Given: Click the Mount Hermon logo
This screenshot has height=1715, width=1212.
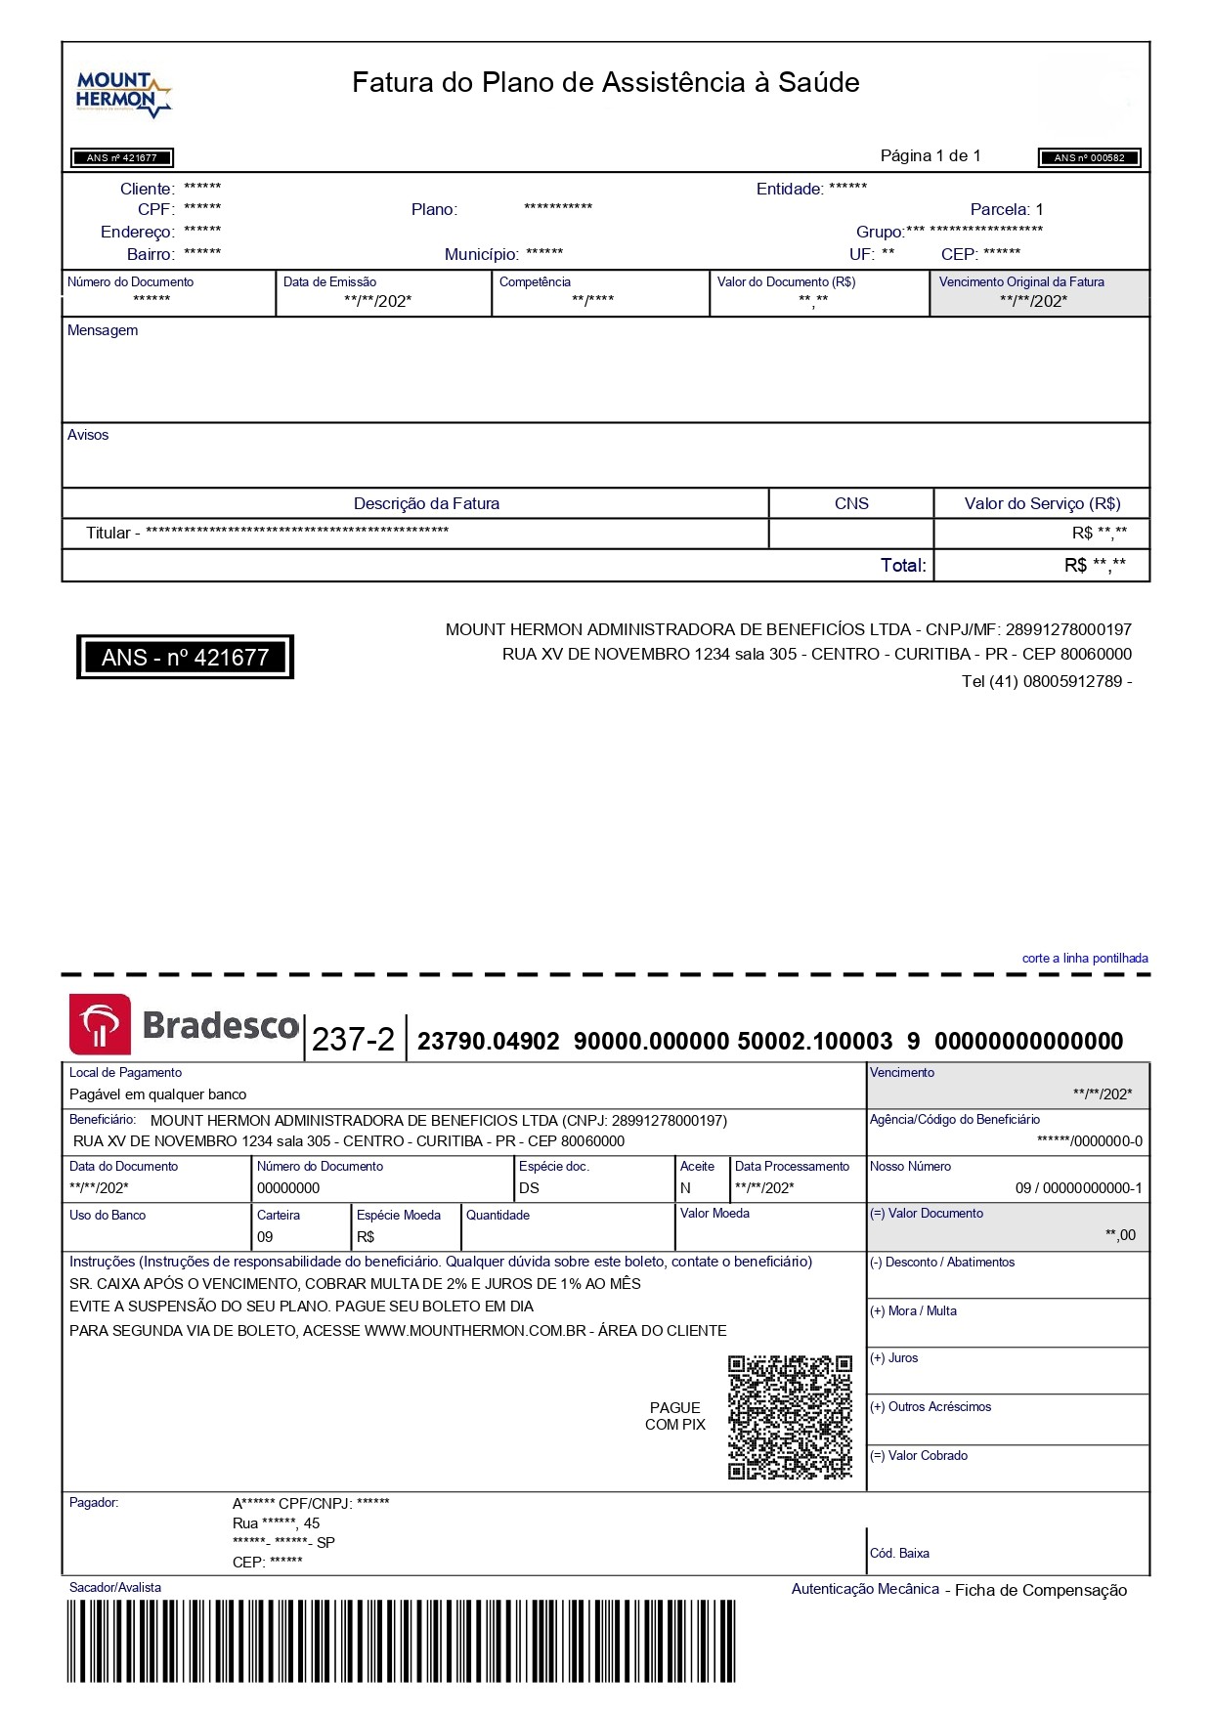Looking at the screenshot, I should coord(123,94).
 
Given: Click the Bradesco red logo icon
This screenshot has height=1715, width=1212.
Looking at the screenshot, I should coord(100,1024).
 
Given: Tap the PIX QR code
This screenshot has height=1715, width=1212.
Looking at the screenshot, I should coord(790,1417).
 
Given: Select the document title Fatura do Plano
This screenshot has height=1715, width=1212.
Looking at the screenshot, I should coord(605,82).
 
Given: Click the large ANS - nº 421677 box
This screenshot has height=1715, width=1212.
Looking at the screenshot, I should coord(185,657).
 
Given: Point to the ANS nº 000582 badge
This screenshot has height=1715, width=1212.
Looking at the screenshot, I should coord(1089,157).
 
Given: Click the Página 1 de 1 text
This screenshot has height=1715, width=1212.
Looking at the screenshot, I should coord(930,155).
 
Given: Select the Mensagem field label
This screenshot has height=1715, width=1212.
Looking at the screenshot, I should coord(103,330).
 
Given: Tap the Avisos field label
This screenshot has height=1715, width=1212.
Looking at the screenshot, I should coord(88,435).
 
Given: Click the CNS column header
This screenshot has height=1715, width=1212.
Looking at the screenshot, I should coord(851,503).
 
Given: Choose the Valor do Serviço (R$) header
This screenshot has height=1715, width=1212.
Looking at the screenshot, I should coord(1042,503).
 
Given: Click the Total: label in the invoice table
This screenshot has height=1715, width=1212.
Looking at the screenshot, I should coord(903,565).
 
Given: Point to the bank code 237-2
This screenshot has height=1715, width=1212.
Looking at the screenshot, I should coord(353,1039).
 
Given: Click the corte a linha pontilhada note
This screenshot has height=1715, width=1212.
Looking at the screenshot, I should coord(1085,958).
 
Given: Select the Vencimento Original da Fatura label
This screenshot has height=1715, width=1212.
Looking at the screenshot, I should coord(1021,281).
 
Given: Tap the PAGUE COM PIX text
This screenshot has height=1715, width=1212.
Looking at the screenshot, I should coord(674,1416).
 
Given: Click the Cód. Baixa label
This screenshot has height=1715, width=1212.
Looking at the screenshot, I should coord(899,1553).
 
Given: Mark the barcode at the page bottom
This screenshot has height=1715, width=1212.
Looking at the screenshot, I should coord(401,1641).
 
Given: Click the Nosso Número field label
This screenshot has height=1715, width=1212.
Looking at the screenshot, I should coord(910,1166).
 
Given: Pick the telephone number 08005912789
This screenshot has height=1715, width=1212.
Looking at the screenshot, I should coord(1071,681).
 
